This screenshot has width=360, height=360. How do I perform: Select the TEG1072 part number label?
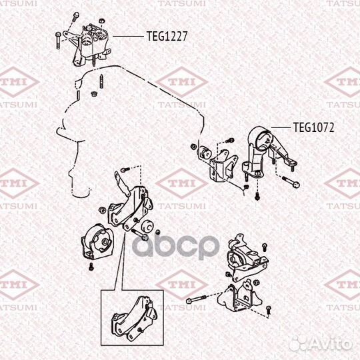(313, 127)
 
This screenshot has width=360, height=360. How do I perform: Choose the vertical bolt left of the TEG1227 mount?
(59, 41)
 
